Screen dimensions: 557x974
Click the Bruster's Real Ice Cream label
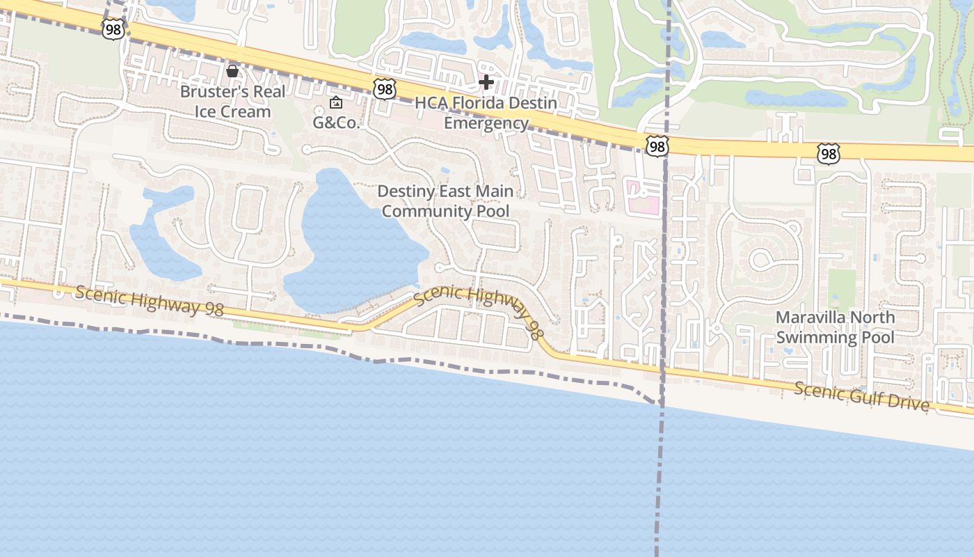(x=232, y=102)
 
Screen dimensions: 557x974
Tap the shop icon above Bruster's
(x=232, y=71)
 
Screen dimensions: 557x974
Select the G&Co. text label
(x=336, y=123)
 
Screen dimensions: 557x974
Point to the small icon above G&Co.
(x=336, y=103)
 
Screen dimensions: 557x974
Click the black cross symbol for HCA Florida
(x=486, y=83)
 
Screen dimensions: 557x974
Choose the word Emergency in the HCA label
(x=486, y=124)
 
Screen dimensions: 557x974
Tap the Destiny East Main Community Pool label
(x=445, y=201)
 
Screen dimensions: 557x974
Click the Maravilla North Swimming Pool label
(x=835, y=327)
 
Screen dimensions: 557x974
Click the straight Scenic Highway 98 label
(x=149, y=301)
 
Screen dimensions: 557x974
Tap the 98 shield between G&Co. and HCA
(x=384, y=88)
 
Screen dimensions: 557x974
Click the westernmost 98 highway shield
(x=112, y=29)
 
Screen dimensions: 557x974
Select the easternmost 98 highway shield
(x=828, y=153)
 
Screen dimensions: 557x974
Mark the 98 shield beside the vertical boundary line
(x=656, y=146)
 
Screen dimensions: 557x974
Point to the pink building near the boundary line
(x=643, y=196)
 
